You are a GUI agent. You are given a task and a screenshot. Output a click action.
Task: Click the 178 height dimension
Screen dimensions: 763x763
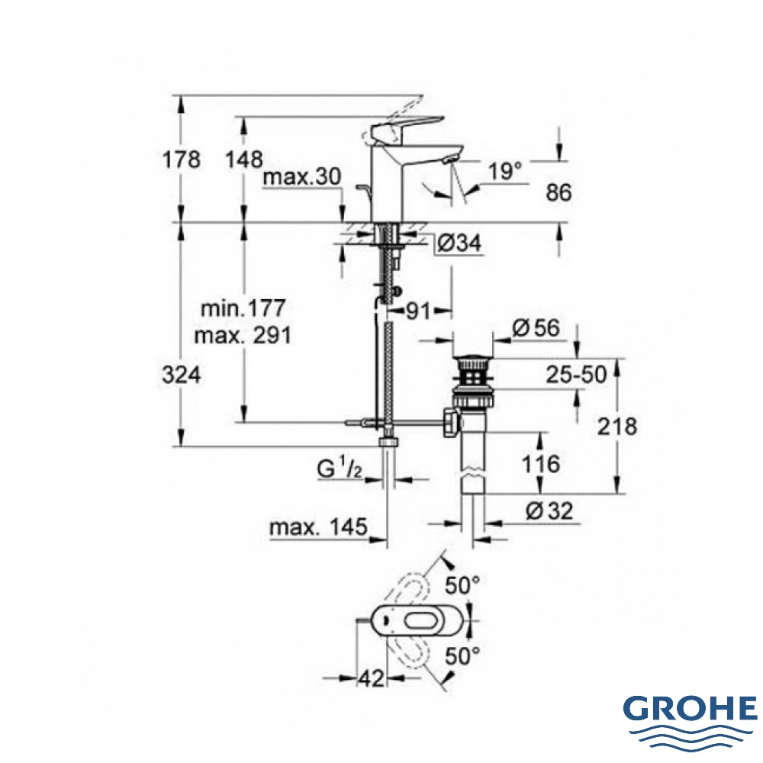181,159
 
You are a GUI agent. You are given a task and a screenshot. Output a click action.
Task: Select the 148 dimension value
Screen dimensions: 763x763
244,159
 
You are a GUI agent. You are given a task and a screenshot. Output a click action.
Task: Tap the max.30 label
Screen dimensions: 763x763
302,177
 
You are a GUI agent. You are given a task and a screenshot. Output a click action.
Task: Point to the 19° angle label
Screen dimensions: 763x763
505,171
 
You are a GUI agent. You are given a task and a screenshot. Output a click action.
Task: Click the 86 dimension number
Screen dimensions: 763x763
559,193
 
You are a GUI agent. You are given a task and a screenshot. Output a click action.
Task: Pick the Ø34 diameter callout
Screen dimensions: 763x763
459,242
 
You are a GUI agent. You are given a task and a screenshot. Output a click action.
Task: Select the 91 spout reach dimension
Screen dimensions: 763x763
418,311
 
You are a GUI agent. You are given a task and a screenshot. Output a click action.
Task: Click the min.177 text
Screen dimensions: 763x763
243,308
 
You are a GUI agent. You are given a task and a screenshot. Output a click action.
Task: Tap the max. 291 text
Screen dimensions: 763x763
243,335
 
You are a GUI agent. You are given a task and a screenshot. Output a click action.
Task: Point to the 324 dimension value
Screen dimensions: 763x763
181,375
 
